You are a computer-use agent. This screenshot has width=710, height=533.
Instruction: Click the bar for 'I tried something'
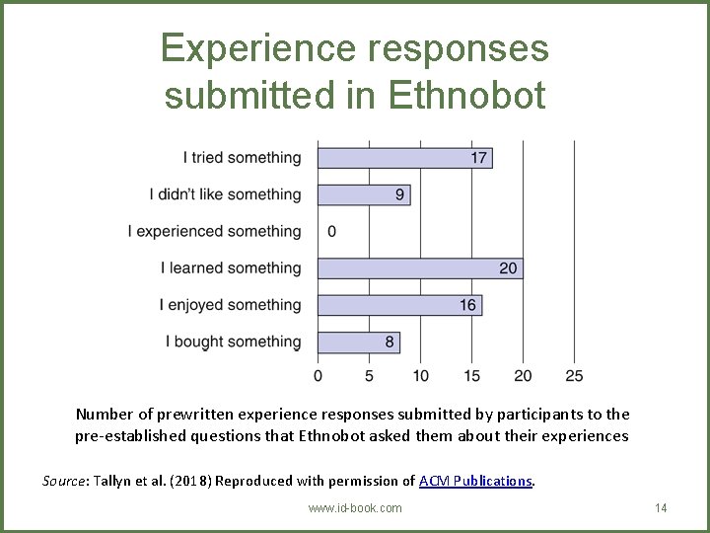404,158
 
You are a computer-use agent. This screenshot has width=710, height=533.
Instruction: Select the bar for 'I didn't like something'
363,194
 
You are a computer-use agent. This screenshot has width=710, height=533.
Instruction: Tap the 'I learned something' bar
419,268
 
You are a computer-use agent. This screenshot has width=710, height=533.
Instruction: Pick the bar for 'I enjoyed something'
399,305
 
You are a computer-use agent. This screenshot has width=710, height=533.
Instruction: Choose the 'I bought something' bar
358,342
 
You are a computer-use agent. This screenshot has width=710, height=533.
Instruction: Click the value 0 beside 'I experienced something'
331,232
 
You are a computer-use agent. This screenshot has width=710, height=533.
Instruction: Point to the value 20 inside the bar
508,268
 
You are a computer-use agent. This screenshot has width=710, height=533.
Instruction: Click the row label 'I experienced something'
214,232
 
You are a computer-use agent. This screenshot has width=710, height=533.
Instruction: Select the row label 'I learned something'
231,268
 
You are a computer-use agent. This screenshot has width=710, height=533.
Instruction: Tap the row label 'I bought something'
233,342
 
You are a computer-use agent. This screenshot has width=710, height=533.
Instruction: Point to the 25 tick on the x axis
574,376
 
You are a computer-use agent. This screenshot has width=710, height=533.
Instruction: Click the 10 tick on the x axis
420,376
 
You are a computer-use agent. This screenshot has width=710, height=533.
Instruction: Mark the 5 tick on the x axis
369,376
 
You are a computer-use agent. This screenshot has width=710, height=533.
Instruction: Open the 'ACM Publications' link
475,481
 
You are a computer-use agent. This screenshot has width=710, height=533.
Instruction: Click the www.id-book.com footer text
355,507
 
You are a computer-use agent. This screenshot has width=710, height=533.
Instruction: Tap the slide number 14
661,507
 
